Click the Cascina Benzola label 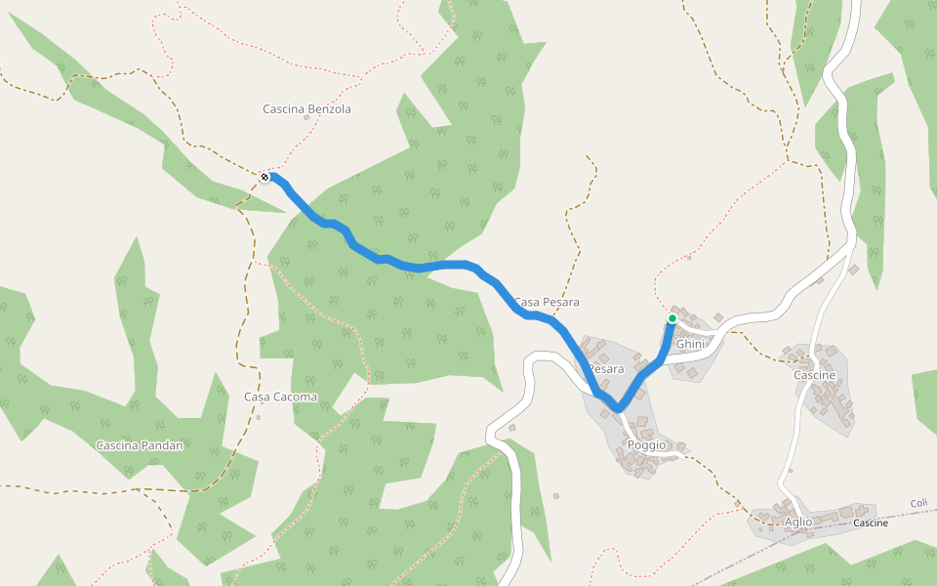[x=306, y=109]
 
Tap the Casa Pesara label [x=547, y=302]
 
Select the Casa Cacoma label [x=280, y=398]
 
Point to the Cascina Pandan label [x=140, y=445]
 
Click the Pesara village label [x=606, y=369]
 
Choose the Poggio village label [x=647, y=445]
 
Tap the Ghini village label [x=690, y=345]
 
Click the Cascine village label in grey [x=814, y=376]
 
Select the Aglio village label [x=797, y=523]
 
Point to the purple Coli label [x=918, y=504]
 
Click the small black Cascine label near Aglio [x=871, y=523]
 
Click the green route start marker [x=672, y=318]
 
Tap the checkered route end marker [x=265, y=177]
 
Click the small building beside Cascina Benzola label [x=306, y=118]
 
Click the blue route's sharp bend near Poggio [x=618, y=408]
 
